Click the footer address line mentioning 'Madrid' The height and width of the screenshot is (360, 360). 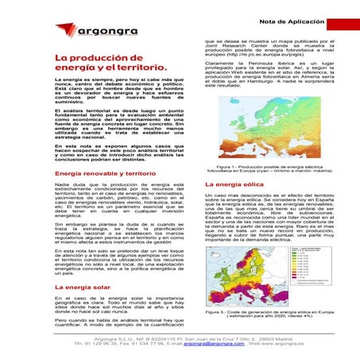[180, 339]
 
